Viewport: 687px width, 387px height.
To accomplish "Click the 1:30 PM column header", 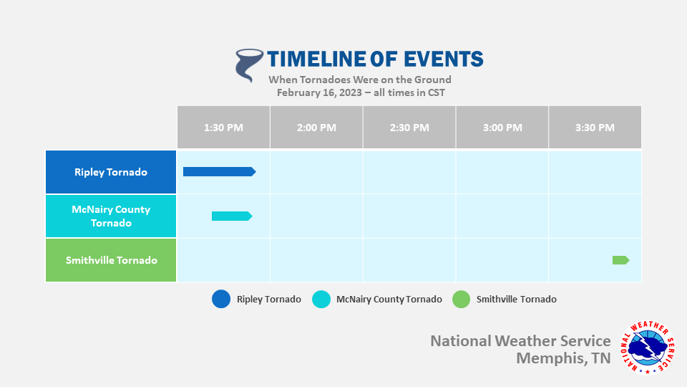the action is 223,128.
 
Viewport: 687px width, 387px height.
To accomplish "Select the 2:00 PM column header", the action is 316,128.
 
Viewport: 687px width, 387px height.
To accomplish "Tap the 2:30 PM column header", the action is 409,128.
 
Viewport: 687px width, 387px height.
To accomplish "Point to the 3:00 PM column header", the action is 502,128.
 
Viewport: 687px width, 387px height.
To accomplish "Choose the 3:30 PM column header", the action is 595,128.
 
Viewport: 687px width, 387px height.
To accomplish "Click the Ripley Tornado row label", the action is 111,172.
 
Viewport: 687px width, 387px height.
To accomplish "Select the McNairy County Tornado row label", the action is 111,216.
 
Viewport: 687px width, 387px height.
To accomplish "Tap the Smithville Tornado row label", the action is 111,260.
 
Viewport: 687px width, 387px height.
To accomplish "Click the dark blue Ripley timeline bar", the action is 220,171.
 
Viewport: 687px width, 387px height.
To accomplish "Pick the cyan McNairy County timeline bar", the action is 232,216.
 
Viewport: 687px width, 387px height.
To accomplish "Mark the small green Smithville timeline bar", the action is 621,260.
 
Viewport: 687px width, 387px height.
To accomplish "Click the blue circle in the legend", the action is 221,300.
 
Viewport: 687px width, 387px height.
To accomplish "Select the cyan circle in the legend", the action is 321,300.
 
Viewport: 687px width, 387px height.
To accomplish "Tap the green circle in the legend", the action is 462,300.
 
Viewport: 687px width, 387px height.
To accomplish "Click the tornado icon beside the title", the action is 248,65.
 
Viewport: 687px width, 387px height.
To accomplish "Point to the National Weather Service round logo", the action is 648,348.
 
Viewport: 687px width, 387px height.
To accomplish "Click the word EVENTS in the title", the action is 444,59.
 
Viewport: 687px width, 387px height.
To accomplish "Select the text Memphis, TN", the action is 563,358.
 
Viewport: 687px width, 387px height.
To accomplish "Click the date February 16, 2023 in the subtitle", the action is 319,93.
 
